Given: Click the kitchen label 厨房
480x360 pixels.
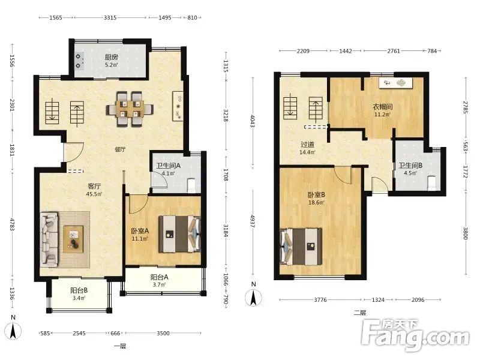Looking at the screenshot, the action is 112,57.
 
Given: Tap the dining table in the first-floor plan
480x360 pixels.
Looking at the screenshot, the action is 130,109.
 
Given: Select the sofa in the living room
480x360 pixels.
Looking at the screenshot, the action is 49,239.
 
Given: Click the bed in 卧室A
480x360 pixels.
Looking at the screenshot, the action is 179,234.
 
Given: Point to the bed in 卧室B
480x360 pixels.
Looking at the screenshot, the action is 301,247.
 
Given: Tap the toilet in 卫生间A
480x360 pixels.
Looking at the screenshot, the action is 191,185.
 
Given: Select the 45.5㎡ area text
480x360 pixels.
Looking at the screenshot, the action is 94,194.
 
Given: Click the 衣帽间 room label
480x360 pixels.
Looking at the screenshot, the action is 382,107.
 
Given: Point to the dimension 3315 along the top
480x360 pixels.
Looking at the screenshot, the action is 110,18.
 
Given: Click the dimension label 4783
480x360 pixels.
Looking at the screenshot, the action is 13,225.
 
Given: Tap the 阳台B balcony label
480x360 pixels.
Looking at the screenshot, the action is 79,290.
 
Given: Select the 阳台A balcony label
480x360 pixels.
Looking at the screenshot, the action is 159,277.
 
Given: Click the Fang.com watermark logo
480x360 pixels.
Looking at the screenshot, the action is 415,335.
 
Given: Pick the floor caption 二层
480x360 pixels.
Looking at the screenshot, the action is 359,313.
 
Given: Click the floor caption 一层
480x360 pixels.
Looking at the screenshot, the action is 120,347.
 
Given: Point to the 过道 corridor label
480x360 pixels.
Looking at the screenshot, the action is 307,145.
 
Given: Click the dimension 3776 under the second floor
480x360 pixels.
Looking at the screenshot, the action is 320,299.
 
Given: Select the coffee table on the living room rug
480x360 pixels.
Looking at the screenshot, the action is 73,239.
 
